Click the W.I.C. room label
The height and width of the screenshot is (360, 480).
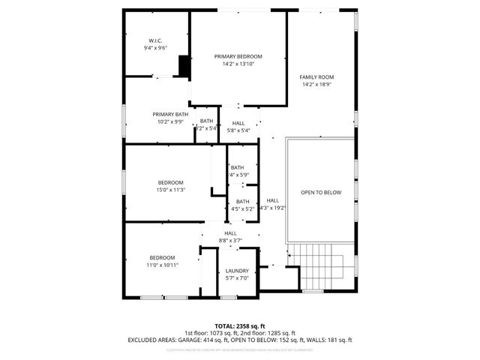tap(156, 40)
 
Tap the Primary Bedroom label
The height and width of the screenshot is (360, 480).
tap(238, 56)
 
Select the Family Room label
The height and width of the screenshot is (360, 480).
tap(316, 77)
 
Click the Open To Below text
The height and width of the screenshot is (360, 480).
tap(320, 193)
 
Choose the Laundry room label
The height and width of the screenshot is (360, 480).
tap(237, 271)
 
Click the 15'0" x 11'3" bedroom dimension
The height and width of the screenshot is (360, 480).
tap(171, 190)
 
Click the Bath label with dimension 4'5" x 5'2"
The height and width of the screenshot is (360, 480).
tap(242, 201)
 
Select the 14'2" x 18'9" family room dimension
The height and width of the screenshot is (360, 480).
tap(316, 85)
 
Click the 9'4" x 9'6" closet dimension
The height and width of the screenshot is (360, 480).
tap(156, 48)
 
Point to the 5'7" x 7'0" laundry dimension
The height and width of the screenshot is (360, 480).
tap(237, 278)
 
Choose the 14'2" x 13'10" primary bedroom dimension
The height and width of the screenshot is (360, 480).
tap(238, 64)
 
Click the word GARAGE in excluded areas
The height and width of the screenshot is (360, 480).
tap(191, 340)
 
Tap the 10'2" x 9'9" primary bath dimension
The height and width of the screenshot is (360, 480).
tap(170, 121)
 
